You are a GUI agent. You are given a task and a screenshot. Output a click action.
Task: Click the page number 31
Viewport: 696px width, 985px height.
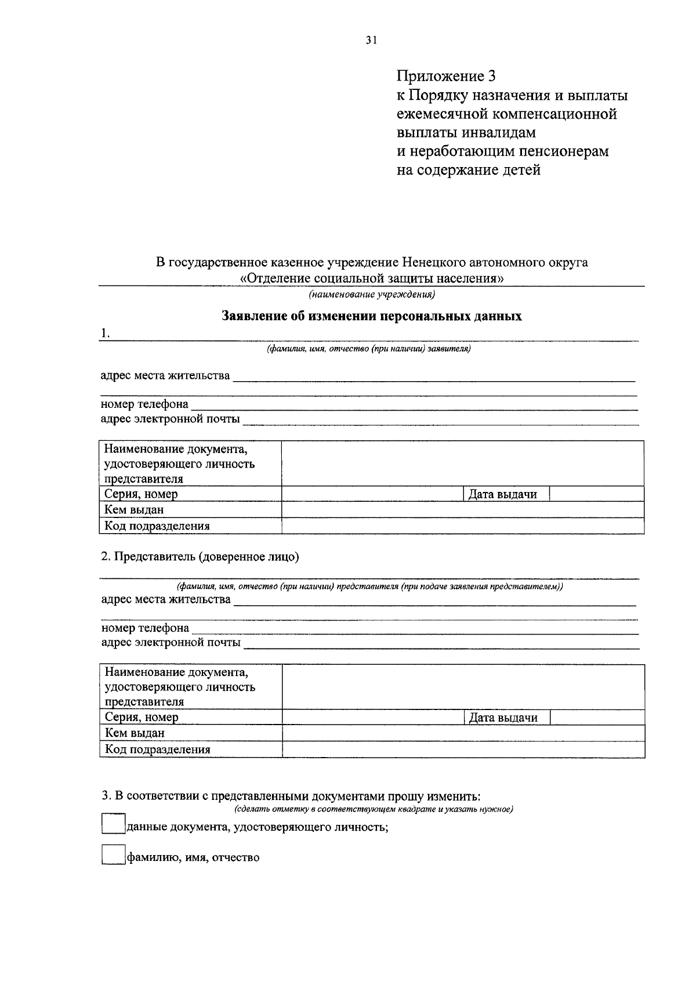point(371,40)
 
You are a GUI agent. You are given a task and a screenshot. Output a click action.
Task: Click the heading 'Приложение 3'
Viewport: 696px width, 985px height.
point(447,76)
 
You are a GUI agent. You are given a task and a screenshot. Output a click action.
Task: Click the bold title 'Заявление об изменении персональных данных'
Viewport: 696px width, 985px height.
point(372,316)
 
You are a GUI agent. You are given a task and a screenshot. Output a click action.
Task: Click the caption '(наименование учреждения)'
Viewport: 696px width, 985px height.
point(372,295)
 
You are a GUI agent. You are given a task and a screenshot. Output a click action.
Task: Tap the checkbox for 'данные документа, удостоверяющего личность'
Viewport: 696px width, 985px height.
point(113,824)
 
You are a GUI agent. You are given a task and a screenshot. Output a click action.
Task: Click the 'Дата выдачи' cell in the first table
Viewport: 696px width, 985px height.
point(502,494)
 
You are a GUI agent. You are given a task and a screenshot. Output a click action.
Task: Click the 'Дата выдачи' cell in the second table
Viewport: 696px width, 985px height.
point(503,718)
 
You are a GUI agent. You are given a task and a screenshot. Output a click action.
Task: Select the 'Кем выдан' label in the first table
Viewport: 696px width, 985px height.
point(134,509)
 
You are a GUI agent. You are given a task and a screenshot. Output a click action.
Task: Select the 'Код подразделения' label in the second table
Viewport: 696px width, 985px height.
point(157,749)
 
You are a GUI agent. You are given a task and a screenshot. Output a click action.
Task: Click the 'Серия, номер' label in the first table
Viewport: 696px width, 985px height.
point(141,494)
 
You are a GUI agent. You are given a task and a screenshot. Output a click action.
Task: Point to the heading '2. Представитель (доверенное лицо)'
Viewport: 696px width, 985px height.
point(200,557)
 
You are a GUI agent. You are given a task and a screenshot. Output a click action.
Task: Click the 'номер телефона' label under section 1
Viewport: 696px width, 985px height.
point(144,404)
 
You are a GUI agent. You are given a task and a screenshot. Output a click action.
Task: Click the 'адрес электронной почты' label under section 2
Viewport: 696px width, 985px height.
point(171,642)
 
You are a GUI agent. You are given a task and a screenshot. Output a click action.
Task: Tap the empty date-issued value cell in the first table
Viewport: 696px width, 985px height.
point(596,494)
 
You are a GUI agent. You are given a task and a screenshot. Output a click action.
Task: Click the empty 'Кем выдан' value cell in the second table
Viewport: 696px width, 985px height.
point(463,733)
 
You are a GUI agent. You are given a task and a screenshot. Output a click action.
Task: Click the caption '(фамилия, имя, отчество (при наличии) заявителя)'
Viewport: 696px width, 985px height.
point(368,349)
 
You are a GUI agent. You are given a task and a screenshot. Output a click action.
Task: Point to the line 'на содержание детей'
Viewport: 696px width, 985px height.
point(468,170)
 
